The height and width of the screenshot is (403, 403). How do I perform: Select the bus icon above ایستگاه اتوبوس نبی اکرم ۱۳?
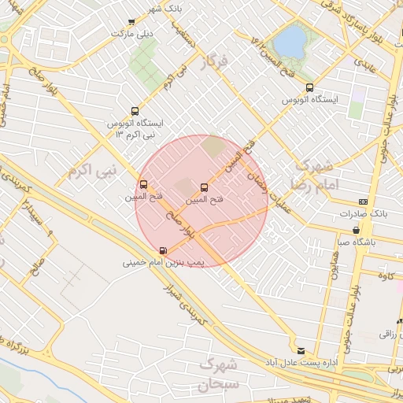click(135, 111)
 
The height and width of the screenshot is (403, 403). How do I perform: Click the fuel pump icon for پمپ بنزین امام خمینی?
click(163, 250)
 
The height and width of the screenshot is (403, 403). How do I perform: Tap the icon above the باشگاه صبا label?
click(357, 231)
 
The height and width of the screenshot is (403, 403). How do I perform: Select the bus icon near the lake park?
click(309, 88)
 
